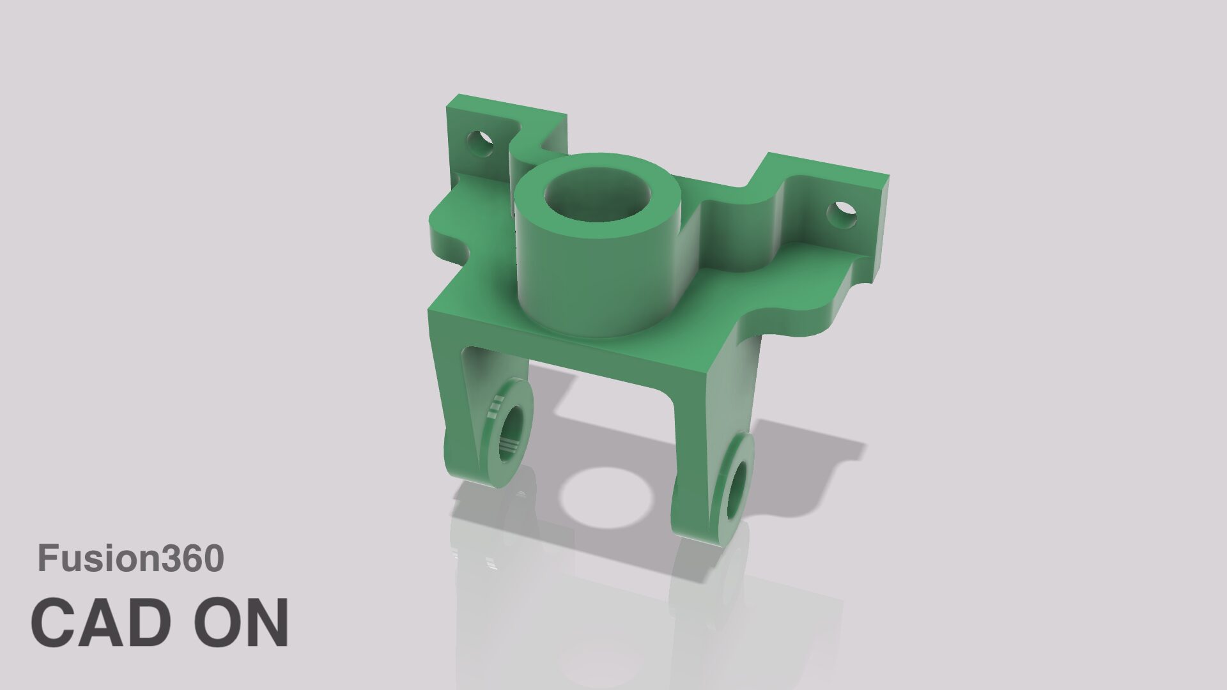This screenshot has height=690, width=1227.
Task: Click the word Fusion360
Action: (x=131, y=558)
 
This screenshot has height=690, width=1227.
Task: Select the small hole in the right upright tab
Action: (x=842, y=215)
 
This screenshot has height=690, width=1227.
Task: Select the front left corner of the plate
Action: (x=432, y=313)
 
